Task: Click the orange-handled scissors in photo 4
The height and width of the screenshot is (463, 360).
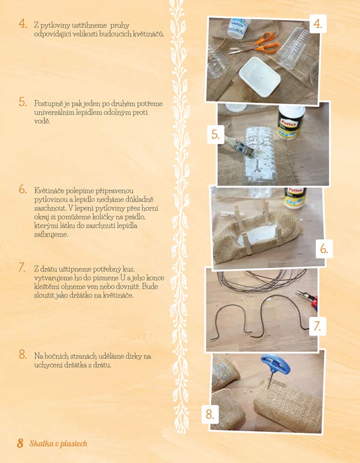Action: point(255,44)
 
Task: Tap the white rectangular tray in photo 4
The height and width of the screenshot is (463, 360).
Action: point(259,76)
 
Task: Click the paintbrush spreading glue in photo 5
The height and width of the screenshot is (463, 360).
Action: point(241,146)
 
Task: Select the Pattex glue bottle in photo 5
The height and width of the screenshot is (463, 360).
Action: point(291,123)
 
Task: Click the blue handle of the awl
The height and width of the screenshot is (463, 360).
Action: point(275,365)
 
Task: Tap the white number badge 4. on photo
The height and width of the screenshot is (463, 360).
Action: point(318,24)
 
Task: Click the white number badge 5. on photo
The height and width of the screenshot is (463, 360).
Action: point(216,135)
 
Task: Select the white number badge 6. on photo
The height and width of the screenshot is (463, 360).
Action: point(324,249)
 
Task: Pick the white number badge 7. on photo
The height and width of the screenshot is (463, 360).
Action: point(318,326)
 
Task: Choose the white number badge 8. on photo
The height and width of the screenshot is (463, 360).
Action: point(210,414)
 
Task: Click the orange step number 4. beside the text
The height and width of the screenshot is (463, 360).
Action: point(23,24)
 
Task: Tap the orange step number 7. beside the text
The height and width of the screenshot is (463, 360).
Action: point(22,267)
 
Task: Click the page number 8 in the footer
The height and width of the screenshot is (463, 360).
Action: point(20,443)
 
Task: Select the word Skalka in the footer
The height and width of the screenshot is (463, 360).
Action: point(38,443)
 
